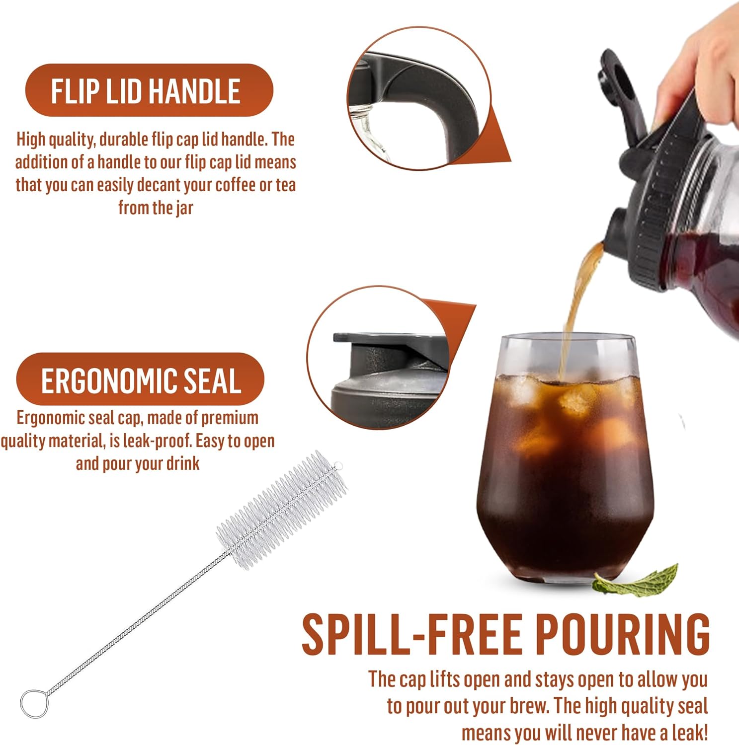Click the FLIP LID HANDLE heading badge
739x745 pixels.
(x=149, y=90)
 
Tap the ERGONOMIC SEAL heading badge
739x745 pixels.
(x=140, y=380)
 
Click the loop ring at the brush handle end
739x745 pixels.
(x=34, y=703)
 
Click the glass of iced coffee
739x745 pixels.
(x=564, y=459)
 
